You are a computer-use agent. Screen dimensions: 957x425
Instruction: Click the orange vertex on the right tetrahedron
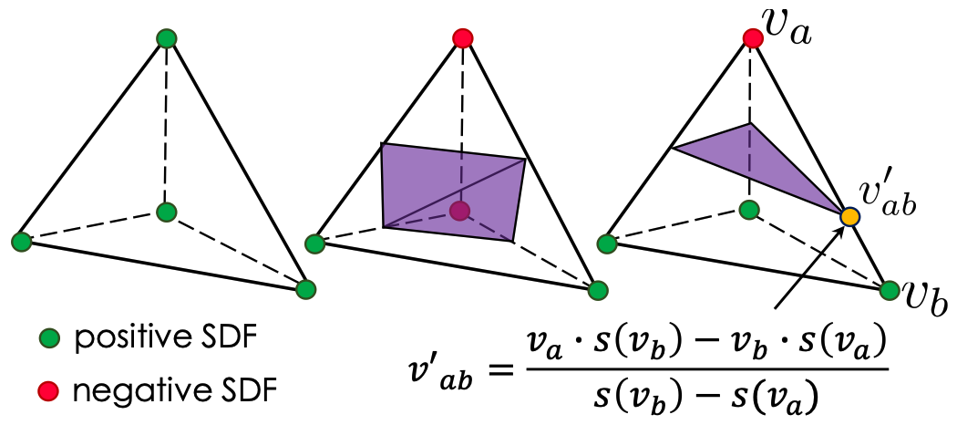(849, 216)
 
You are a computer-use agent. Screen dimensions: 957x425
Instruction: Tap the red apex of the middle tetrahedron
(463, 38)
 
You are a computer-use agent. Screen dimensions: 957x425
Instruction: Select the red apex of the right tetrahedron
(753, 39)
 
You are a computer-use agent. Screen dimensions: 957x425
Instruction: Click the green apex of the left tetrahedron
(166, 39)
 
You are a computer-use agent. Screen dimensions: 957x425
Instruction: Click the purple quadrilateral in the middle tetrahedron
(453, 192)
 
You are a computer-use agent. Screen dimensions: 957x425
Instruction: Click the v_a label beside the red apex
(788, 32)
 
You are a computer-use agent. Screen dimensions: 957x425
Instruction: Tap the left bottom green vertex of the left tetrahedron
(21, 241)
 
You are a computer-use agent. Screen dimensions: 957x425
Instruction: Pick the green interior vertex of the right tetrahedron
(749, 211)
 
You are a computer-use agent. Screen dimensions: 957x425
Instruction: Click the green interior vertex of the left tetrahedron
(166, 212)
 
